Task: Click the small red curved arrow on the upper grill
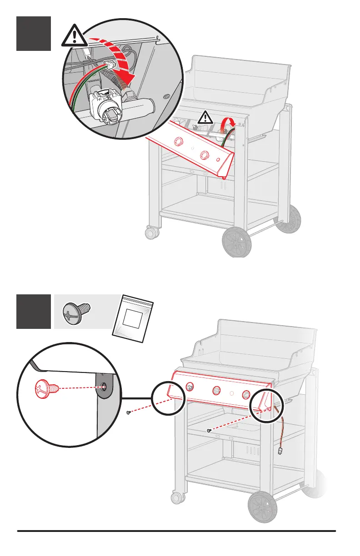(228, 123)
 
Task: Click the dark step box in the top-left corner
(34, 34)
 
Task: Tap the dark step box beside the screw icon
(34, 311)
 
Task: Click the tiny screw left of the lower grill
(129, 412)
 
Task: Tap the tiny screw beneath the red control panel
(209, 430)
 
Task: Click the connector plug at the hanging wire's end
(279, 451)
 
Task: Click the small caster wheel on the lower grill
(175, 497)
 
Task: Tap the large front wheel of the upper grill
(236, 242)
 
